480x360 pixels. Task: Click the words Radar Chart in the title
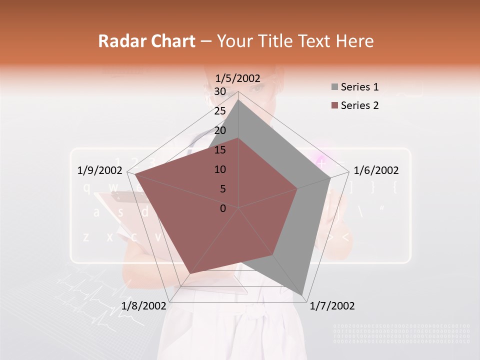(146, 41)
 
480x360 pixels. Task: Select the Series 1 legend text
(359, 87)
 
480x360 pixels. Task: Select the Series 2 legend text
(359, 105)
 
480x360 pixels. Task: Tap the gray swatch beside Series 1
(334, 87)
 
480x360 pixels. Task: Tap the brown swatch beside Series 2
(334, 105)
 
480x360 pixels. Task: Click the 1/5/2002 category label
(237, 78)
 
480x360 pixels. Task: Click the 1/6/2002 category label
(376, 170)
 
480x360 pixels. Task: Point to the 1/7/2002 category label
(332, 306)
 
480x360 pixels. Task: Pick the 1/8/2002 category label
(143, 306)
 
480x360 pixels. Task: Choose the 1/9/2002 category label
(100, 170)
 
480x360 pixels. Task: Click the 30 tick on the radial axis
(219, 91)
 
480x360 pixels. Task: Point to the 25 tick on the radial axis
(219, 111)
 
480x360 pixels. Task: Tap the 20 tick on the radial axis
(219, 130)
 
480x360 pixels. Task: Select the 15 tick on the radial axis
(219, 150)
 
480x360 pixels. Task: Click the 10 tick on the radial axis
(219, 169)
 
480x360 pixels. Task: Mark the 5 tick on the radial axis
(222, 189)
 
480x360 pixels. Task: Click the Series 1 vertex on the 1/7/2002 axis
(302, 294)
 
